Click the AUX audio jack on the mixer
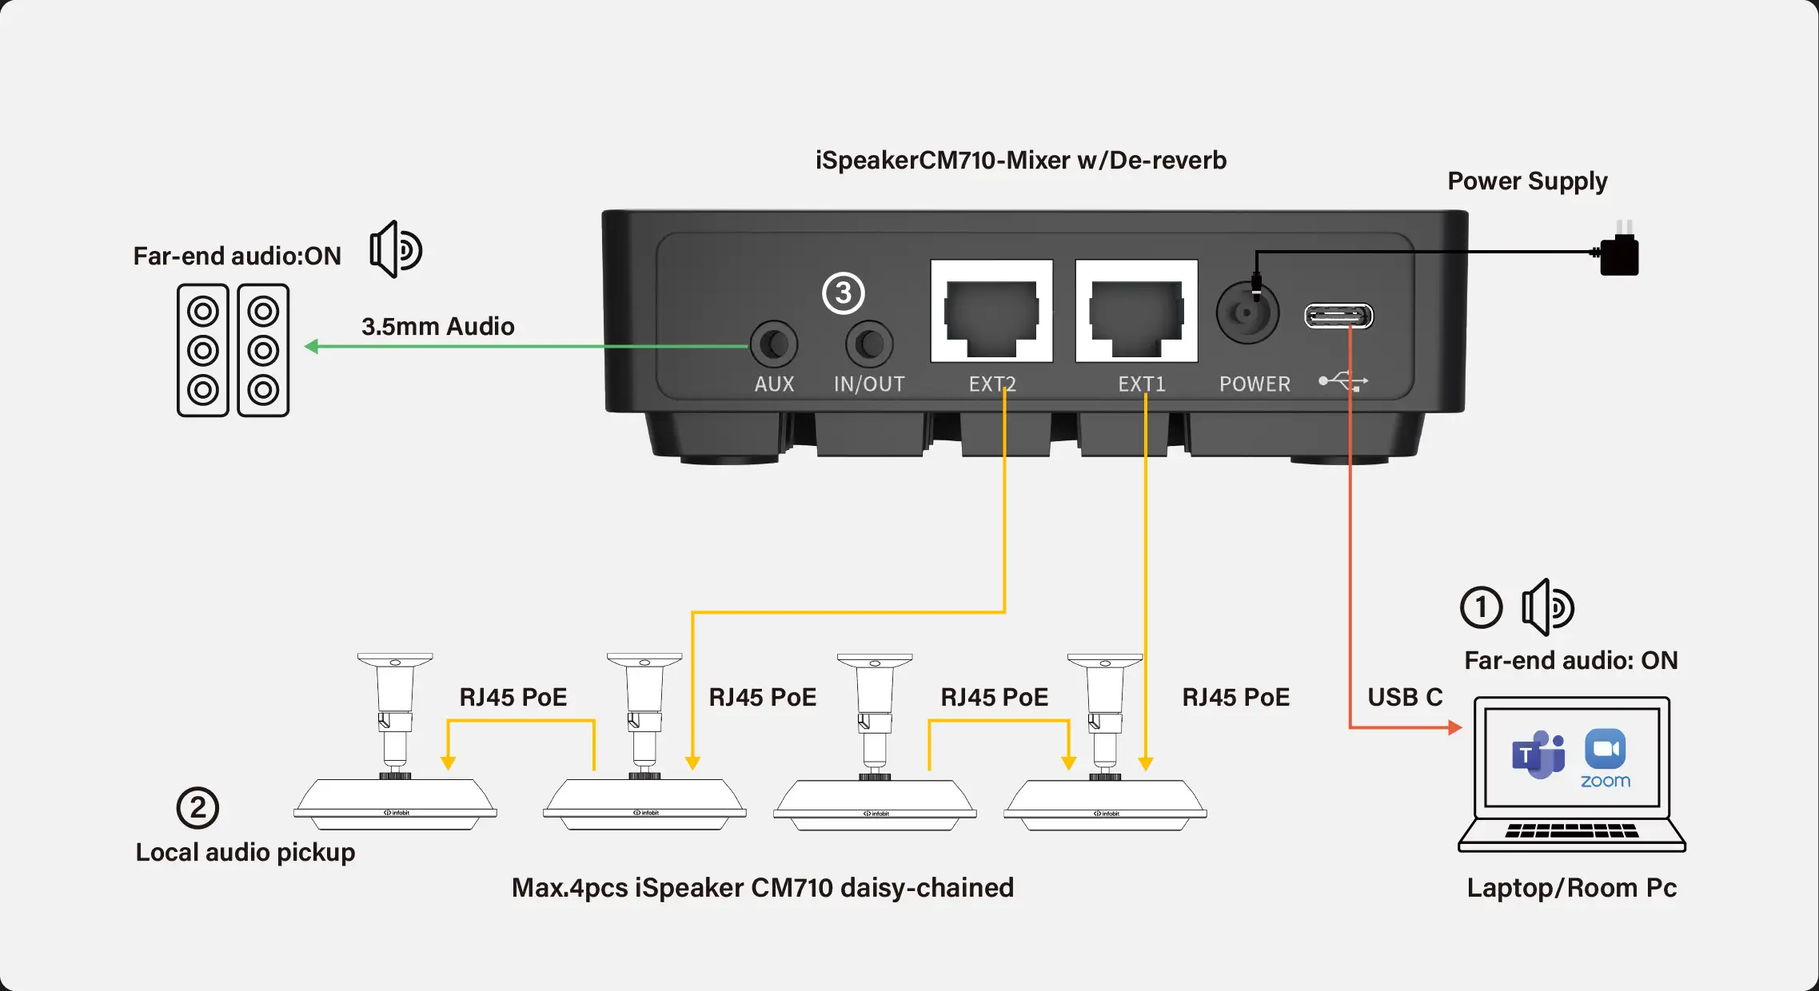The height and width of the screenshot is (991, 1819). (x=773, y=344)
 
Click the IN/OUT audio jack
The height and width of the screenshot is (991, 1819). (x=869, y=344)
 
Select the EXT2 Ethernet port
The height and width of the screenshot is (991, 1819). (x=991, y=311)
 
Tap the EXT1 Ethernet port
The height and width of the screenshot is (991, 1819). (x=1136, y=311)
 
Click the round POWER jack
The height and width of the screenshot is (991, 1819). (x=1247, y=312)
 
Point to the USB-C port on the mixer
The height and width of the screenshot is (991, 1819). (x=1338, y=316)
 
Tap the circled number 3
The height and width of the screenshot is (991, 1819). (x=844, y=293)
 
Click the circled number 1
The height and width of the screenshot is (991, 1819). (x=1481, y=607)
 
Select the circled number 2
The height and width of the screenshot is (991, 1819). (x=197, y=808)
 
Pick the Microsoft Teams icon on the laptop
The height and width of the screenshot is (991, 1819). (x=1538, y=754)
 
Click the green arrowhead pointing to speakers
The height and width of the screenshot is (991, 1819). (x=312, y=346)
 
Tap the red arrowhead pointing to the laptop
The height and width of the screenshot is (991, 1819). (x=1454, y=727)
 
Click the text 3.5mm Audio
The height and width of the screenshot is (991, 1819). (x=437, y=326)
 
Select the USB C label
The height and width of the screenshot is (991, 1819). (x=1405, y=697)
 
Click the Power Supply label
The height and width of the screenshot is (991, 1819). (x=1526, y=181)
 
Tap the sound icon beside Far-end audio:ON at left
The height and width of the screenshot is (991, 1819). (x=395, y=249)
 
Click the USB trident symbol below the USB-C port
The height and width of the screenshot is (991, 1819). (x=1343, y=381)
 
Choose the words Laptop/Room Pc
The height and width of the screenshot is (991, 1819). (x=1571, y=888)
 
